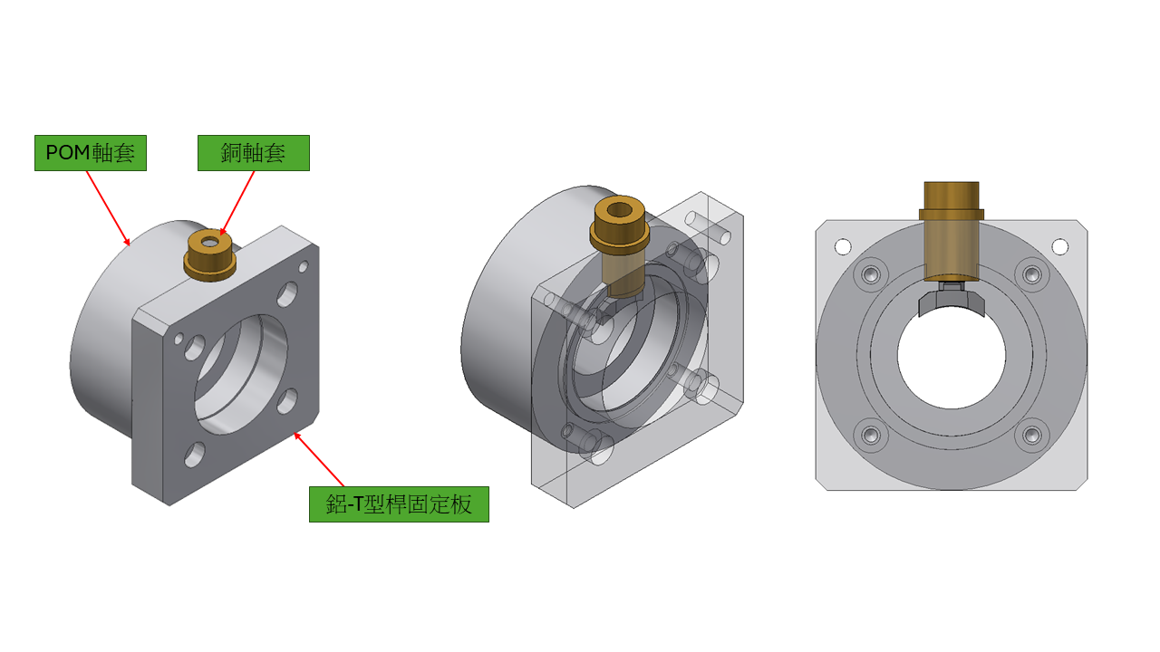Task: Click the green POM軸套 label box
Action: click(91, 153)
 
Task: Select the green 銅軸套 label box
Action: click(254, 153)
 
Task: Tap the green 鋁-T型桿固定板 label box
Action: click(399, 504)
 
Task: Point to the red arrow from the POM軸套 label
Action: click(108, 208)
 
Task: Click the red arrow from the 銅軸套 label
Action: click(237, 204)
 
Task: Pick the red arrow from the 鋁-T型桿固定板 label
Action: click(318, 459)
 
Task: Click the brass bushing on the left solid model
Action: click(209, 255)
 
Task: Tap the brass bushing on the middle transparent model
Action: click(619, 244)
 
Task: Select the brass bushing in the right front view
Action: click(952, 231)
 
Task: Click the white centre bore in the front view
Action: click(952, 356)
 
